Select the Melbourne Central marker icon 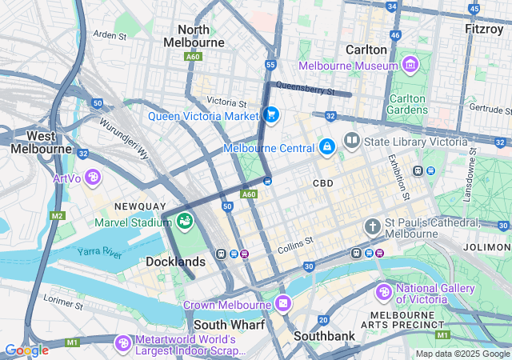[326, 148]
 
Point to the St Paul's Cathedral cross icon [372, 227]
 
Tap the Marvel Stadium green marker [186, 220]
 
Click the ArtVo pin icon [94, 176]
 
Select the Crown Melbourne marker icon [283, 305]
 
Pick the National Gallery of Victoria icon [384, 294]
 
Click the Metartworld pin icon [122, 343]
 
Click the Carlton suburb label [366, 49]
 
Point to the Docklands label [175, 262]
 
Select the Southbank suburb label [324, 336]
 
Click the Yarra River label [99, 253]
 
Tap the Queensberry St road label [304, 88]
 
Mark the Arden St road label [110, 35]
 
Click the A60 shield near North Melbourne [192, 57]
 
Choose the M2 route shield [57, 216]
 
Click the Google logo [26, 350]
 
